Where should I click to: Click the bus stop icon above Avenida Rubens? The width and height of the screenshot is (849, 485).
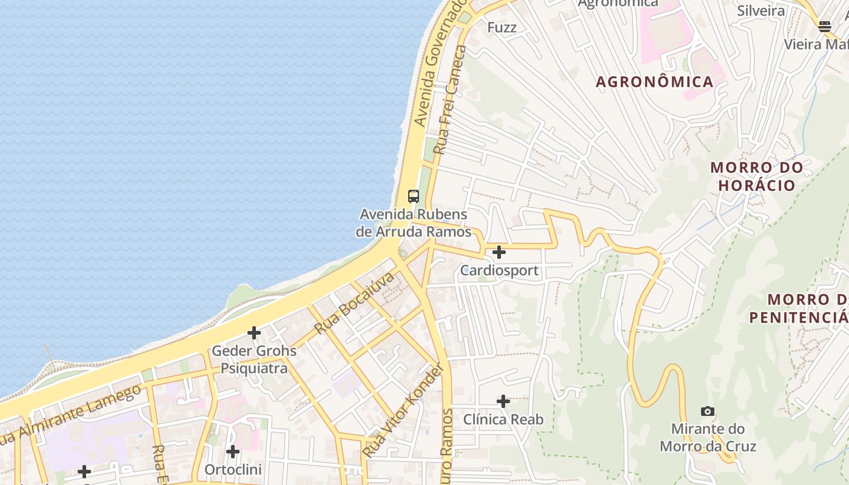[414, 196]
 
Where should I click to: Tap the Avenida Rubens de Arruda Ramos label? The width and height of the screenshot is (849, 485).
[413, 222]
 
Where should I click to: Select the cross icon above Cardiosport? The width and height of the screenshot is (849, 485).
[499, 252]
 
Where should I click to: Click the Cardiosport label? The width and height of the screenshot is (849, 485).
[499, 270]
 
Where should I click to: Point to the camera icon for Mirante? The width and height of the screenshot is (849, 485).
[707, 412]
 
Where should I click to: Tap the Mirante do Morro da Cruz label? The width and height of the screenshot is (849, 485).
[708, 438]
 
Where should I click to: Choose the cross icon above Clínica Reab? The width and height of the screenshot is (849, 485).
[503, 401]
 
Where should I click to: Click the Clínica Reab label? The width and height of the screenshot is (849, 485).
[503, 420]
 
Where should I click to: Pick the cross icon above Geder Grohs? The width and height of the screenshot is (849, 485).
[254, 333]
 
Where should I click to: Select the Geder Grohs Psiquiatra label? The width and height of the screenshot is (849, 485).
[254, 360]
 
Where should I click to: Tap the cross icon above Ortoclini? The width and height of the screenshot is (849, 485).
[233, 452]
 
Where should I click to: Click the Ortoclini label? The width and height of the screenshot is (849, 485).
[233, 470]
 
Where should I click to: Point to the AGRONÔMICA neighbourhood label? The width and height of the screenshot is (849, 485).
[654, 82]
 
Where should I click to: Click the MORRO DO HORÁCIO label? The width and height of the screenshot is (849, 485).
[757, 176]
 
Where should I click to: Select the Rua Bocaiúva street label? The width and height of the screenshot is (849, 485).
[355, 303]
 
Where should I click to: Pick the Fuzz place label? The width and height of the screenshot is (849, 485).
[502, 27]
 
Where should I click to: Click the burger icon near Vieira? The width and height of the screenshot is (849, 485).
[824, 26]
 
